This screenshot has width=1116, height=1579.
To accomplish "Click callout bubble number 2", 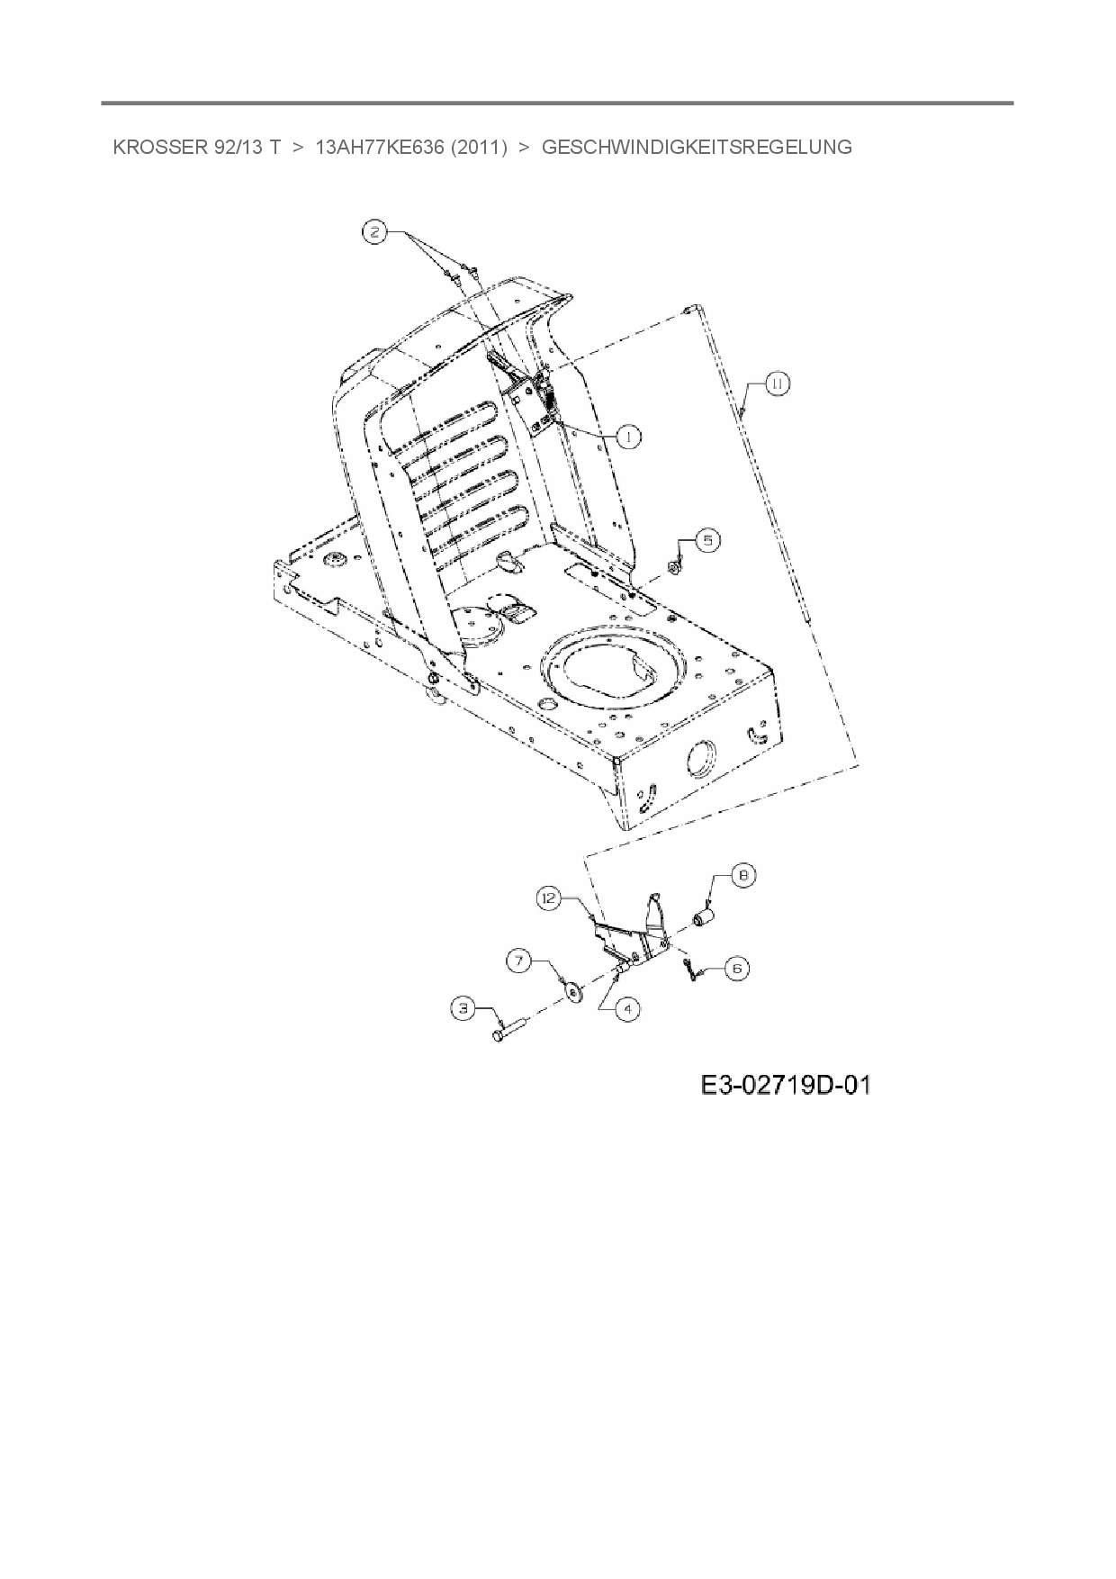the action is point(375,232).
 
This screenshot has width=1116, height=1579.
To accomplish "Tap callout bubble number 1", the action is point(627,437).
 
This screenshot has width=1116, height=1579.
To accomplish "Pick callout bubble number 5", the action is point(707,540).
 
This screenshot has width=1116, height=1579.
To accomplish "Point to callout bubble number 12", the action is point(550,898).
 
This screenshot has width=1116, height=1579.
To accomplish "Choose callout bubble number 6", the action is point(736,968).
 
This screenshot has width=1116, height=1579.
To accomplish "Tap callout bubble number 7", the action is point(520,961).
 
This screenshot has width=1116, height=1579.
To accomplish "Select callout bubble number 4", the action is point(627,1009).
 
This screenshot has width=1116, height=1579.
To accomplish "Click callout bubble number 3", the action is point(464,1009).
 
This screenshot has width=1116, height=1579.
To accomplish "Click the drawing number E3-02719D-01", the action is point(786,1086).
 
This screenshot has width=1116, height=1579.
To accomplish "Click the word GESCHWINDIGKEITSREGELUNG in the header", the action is point(697,147).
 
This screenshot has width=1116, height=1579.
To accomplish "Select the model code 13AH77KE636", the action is point(380,147).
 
